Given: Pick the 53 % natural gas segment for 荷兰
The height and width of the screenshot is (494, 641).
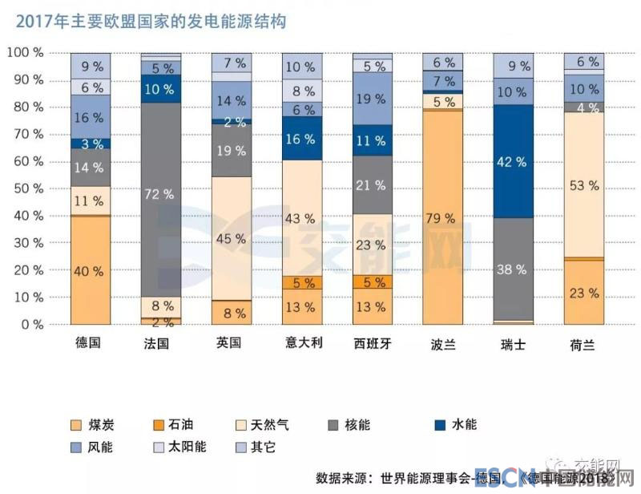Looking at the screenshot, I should coord(584,185).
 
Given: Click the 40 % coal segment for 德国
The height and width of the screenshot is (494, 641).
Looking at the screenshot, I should coord(90,270).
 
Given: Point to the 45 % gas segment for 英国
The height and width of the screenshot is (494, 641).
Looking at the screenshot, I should coord(231,238).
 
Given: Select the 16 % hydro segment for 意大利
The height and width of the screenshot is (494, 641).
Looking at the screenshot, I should coord(302,138).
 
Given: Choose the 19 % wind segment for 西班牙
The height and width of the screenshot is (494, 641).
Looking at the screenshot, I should coord(373,99).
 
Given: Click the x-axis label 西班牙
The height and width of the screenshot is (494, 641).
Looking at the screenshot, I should coord(373,343).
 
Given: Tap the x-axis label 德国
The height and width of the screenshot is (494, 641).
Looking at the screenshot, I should coord(90,343).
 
